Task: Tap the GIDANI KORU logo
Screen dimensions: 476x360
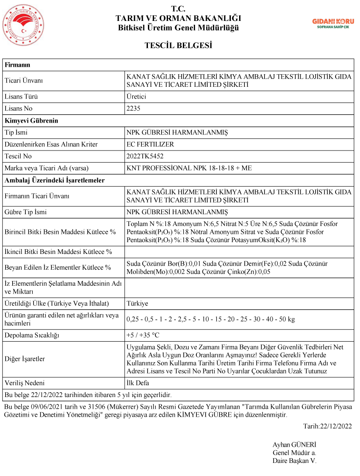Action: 333,23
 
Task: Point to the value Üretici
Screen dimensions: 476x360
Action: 136,97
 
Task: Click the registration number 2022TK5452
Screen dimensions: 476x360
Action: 145,156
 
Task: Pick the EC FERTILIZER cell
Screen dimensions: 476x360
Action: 150,144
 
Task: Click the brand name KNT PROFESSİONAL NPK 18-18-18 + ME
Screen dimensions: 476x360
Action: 189,168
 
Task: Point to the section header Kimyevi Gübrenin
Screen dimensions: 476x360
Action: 31,120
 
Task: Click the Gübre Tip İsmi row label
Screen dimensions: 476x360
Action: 25,212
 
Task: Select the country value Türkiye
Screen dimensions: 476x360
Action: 137,304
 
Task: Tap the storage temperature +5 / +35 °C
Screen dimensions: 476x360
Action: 143,336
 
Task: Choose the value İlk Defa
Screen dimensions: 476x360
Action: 137,383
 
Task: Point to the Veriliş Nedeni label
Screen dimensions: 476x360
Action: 24,383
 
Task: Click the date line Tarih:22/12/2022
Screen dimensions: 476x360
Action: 327,426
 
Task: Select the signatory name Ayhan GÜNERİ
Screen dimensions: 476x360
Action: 294,445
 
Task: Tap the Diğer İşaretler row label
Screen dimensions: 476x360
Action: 25,359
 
